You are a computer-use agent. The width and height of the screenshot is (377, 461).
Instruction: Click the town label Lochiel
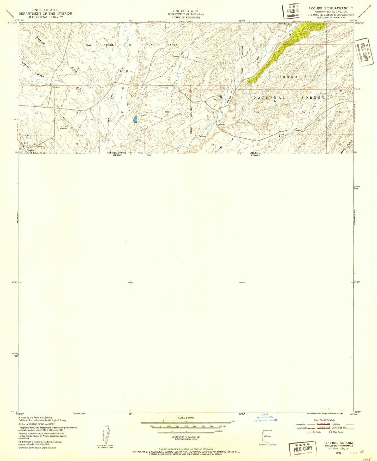[31, 150]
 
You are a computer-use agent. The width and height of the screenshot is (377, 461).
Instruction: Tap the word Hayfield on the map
[40, 40]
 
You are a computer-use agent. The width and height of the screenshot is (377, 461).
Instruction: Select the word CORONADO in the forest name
[290, 77]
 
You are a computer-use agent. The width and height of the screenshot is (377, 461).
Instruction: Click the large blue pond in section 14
[135, 119]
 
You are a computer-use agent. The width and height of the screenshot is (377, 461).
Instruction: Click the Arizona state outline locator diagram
[267, 436]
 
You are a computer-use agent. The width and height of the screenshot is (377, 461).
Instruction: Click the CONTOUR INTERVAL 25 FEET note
[186, 437]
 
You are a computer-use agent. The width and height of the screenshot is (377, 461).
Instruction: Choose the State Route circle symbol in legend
[330, 432]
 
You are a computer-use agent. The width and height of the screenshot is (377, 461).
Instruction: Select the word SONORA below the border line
[255, 155]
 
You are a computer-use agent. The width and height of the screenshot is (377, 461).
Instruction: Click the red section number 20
[258, 144]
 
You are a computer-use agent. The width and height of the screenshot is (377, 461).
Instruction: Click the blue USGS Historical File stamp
[265, 419]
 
